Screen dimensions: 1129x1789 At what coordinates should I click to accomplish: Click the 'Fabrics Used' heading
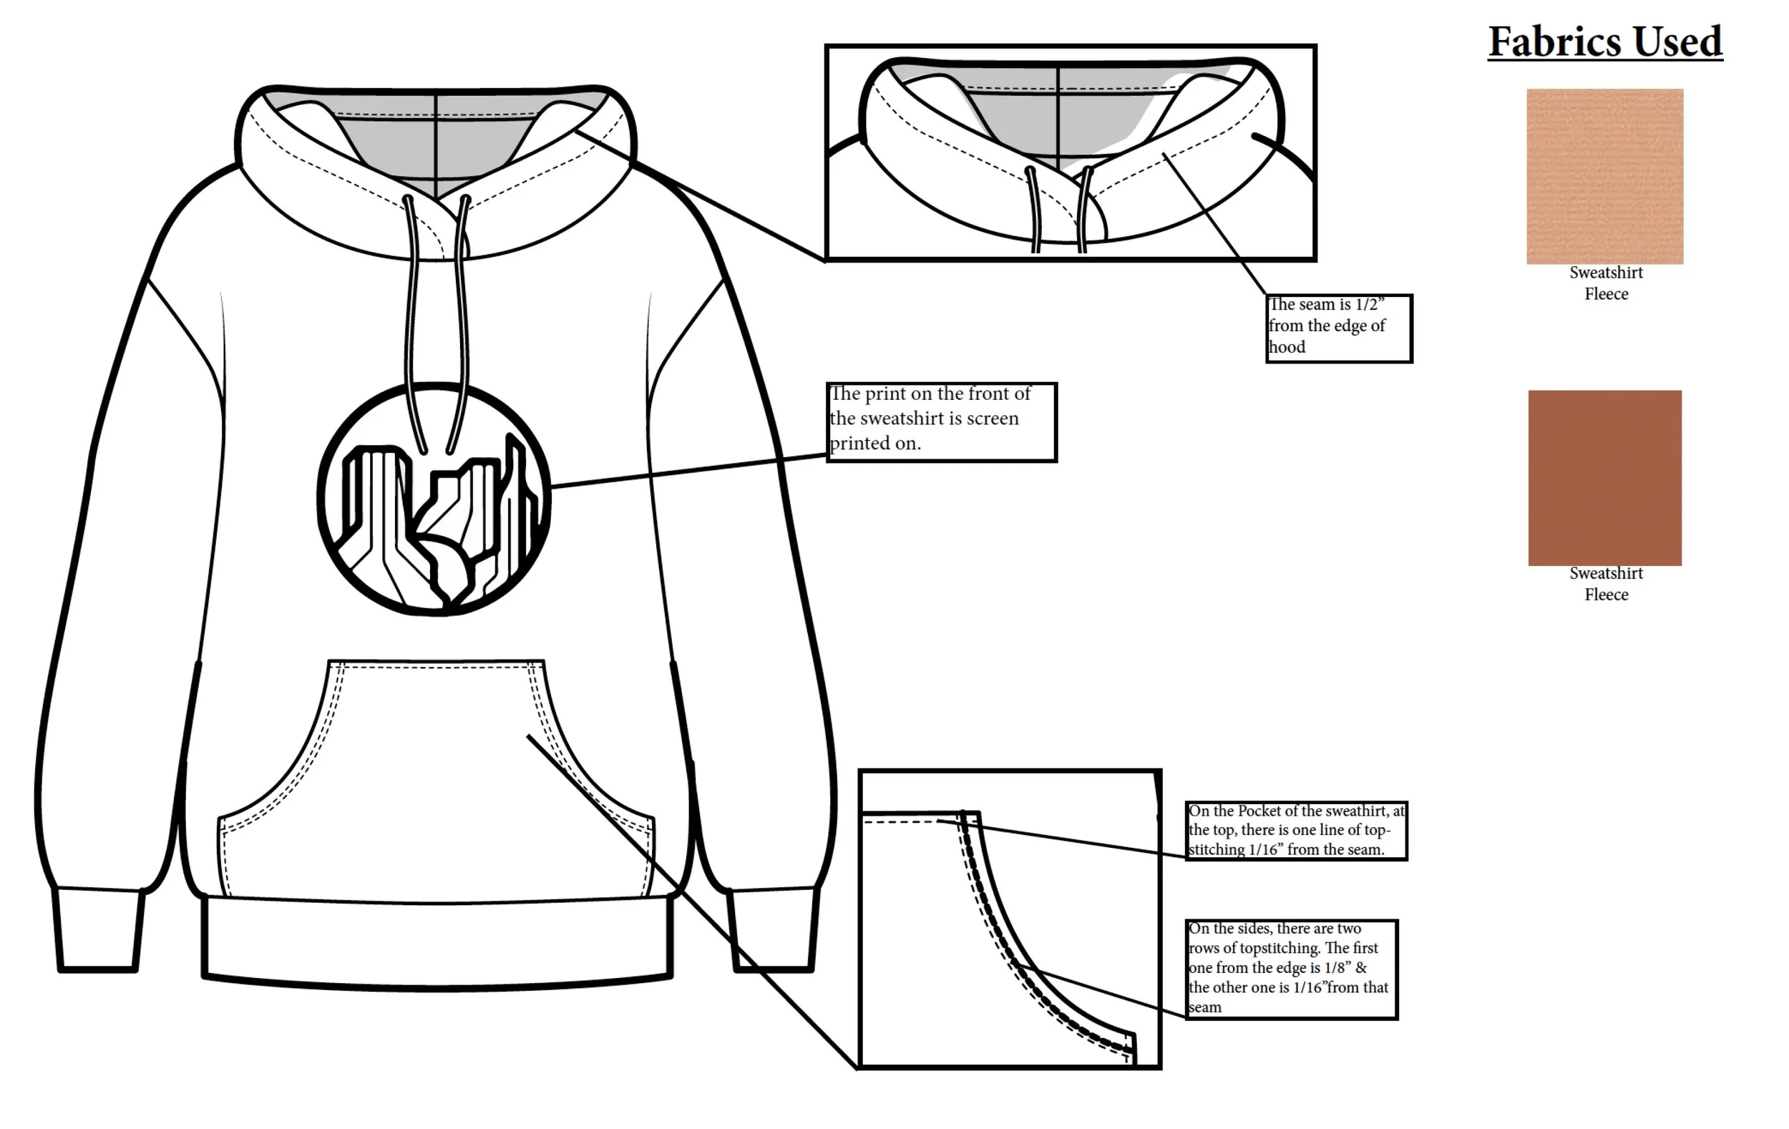pos(1605,41)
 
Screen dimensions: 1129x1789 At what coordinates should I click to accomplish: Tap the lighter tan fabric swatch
pos(1605,176)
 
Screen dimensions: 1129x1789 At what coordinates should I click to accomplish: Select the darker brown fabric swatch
pos(1605,478)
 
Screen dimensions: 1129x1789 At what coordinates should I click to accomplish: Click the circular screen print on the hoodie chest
pos(434,499)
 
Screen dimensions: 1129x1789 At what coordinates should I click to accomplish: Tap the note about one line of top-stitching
pos(1296,831)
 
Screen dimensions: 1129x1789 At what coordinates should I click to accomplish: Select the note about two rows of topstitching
pos(1291,969)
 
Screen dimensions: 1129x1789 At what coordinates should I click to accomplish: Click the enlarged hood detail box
pos(1070,152)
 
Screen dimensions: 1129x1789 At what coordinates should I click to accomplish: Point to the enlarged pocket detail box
pos(1009,919)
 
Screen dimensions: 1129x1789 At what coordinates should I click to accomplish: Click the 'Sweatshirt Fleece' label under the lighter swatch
pos(1606,283)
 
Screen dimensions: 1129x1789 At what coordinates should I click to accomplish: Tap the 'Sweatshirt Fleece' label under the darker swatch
pos(1606,584)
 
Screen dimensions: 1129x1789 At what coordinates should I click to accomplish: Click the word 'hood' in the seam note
pos(1287,347)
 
